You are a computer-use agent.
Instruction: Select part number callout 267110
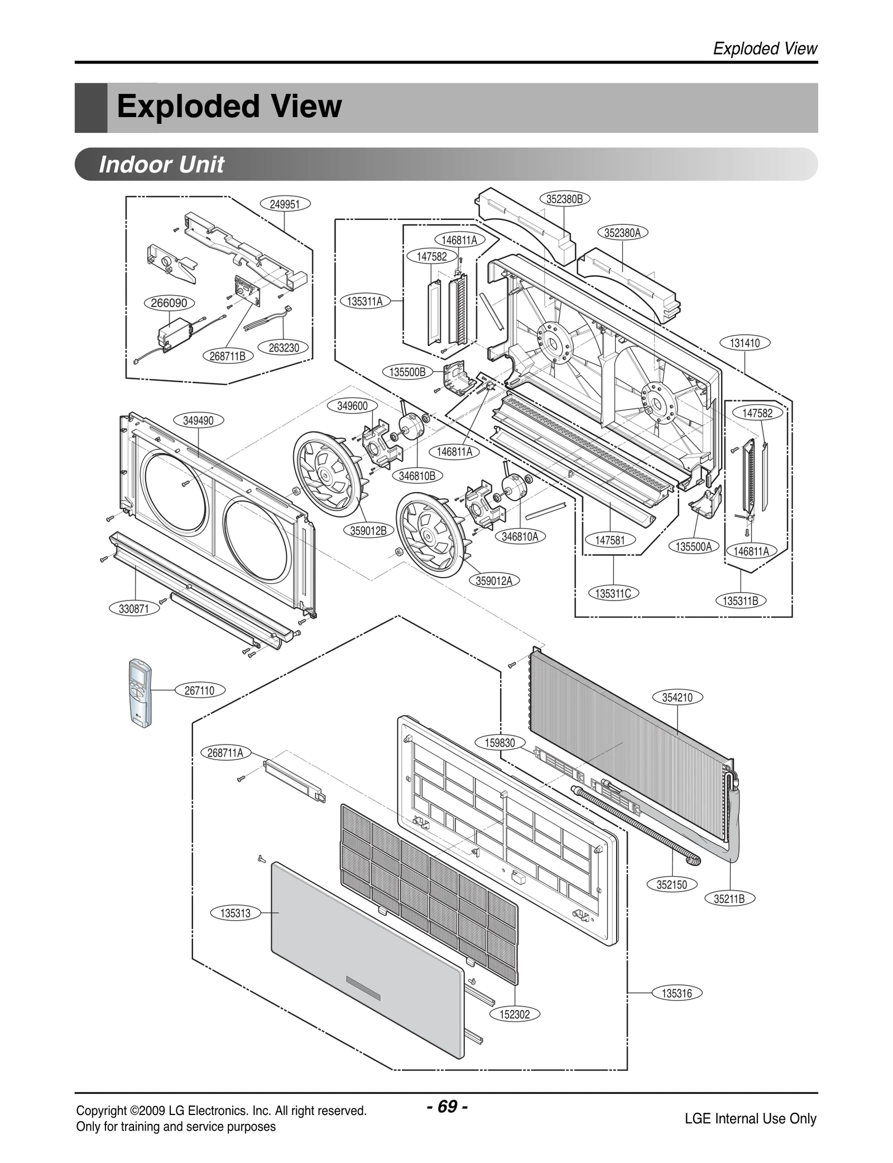point(199,690)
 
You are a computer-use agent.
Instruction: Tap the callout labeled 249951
point(285,204)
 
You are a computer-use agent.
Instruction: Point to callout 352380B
point(564,199)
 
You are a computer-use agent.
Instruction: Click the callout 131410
point(745,343)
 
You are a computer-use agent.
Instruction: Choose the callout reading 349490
point(198,420)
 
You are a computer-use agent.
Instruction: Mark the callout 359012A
point(494,580)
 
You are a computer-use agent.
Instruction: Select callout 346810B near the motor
point(417,475)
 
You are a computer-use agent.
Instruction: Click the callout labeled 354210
point(677,697)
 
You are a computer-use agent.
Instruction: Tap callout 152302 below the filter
point(515,1014)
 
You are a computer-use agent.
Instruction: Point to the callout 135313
point(236,914)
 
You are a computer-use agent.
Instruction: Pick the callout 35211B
point(729,898)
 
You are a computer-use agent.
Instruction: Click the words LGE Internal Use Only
point(750,1118)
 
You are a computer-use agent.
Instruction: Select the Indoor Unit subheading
point(161,165)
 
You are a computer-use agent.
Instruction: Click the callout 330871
point(134,609)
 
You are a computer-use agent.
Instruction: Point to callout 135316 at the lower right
point(676,993)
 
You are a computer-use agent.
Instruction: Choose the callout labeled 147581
point(610,540)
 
